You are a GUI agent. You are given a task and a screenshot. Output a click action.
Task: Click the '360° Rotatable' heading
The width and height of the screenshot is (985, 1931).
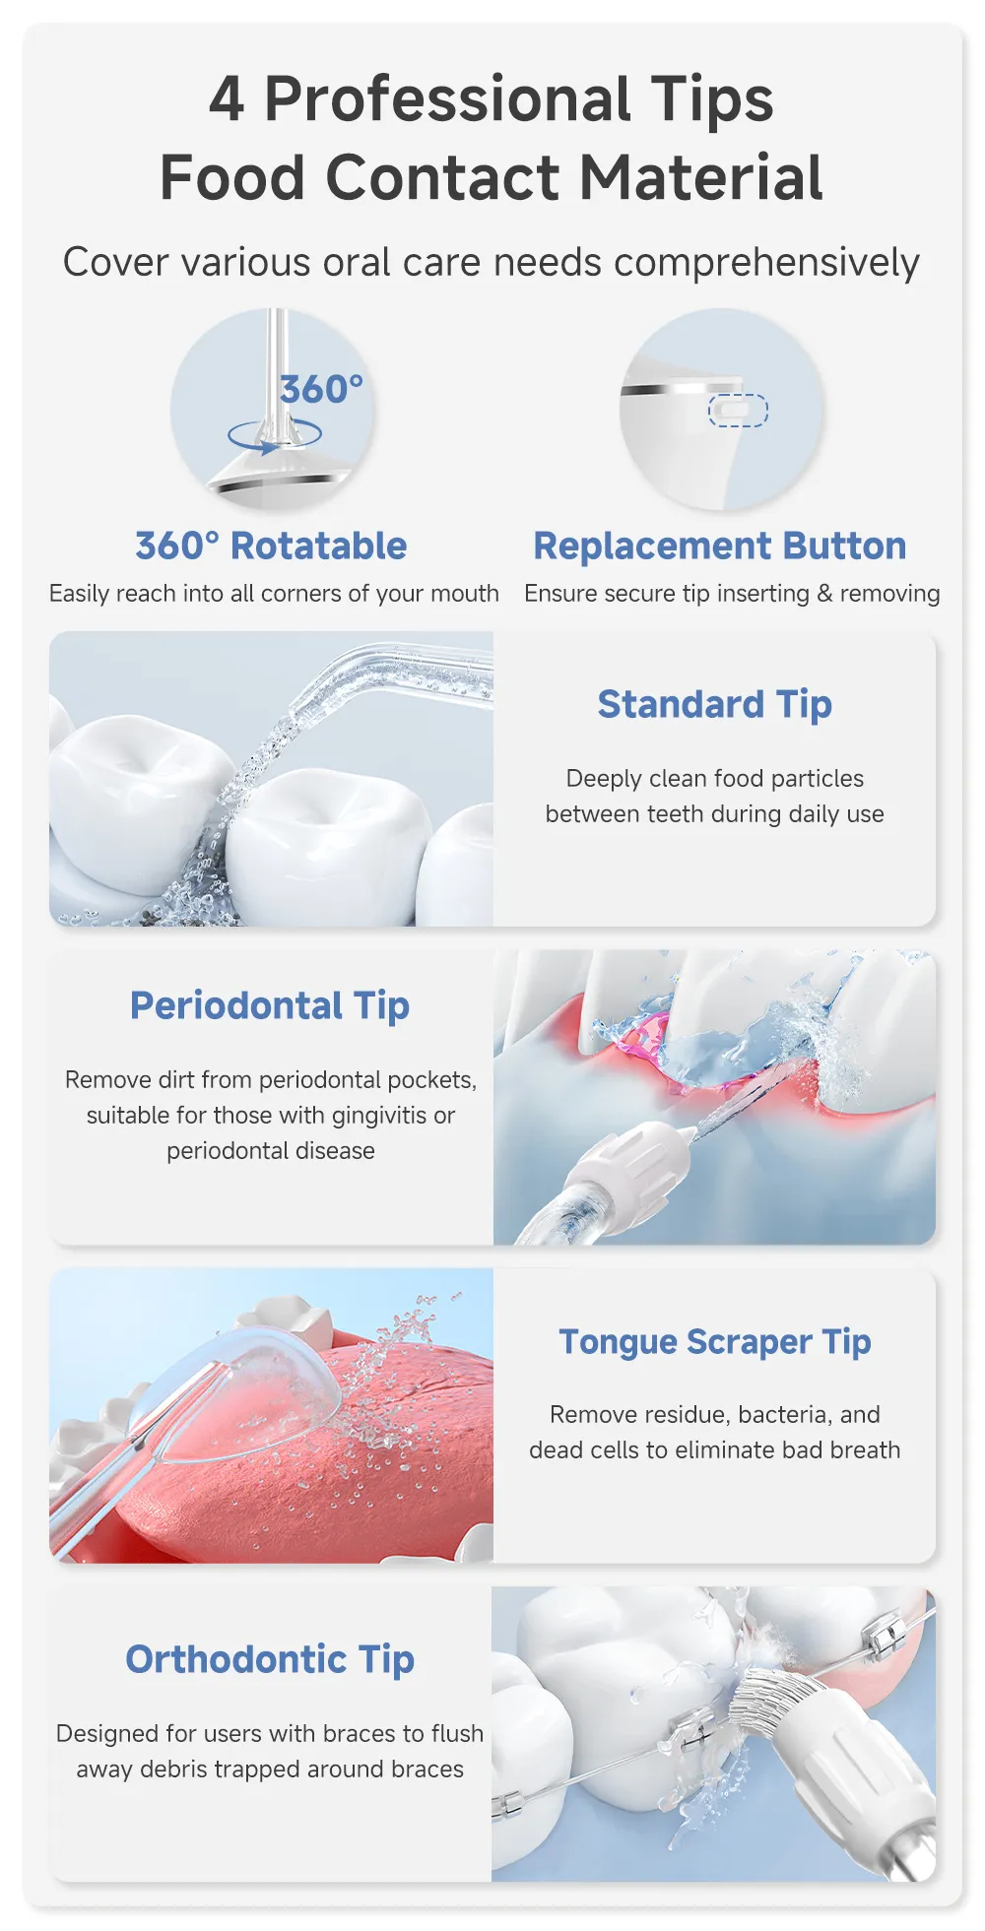(x=271, y=546)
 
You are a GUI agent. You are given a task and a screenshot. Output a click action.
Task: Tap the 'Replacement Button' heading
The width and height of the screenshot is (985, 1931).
(x=720, y=546)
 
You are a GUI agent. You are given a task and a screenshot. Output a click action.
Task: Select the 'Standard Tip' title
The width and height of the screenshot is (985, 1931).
(x=715, y=705)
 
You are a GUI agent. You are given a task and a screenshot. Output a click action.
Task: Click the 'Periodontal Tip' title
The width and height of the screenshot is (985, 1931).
(x=270, y=1006)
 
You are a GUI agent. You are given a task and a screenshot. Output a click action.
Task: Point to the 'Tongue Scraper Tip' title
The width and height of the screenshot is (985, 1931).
(x=715, y=1342)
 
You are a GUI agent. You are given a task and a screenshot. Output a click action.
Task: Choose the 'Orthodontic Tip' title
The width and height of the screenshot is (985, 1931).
(x=270, y=1660)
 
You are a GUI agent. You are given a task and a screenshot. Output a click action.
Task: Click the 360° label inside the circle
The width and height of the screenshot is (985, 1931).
(x=321, y=390)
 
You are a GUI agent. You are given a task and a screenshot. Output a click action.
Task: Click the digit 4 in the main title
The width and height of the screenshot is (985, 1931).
(x=227, y=100)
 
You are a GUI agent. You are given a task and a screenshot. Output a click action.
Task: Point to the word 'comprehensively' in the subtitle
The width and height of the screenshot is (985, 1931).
(x=766, y=264)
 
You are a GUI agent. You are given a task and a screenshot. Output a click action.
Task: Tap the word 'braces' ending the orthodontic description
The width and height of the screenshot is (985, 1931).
(x=427, y=1769)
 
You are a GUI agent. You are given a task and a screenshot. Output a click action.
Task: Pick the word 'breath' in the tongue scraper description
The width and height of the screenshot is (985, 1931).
(x=865, y=1449)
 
